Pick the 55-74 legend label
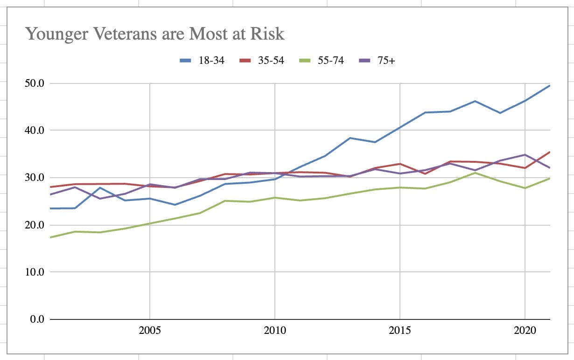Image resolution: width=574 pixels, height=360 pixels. (330, 60)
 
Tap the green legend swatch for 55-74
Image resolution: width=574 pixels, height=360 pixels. (305, 60)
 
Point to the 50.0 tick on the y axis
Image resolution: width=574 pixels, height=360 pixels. (34, 83)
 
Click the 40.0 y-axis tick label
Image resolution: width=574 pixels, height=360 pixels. (34, 131)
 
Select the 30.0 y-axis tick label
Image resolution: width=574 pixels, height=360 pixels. (34, 178)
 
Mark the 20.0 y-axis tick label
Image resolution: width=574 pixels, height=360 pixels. (34, 225)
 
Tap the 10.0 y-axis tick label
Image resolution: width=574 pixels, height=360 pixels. (34, 272)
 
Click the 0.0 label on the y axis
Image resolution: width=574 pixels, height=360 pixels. (36, 319)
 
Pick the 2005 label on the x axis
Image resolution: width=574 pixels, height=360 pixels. (150, 331)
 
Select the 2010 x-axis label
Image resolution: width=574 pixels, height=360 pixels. (275, 331)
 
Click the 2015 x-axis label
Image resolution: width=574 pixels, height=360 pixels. (400, 331)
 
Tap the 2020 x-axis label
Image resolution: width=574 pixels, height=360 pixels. (525, 331)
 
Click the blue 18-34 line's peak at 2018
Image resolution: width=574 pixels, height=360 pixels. (475, 101)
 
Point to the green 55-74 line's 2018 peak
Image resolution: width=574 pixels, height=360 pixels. (475, 173)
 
